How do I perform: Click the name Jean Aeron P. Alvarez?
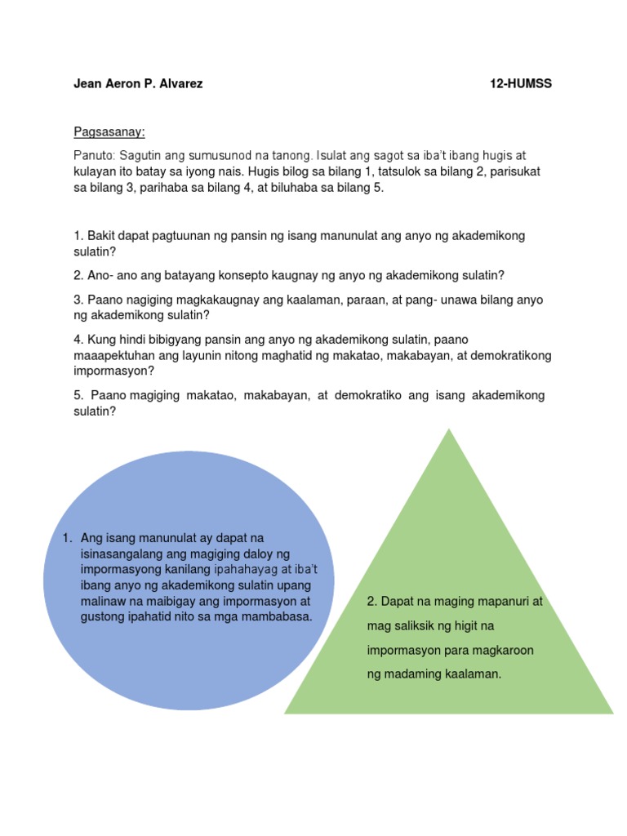[138, 84]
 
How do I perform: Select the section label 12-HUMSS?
[521, 84]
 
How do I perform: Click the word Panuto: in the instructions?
[93, 155]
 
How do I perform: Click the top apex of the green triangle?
[448, 430]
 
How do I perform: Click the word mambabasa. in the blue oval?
[277, 616]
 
